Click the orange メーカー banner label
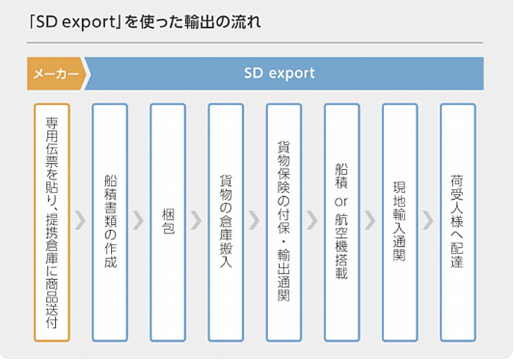[56, 73]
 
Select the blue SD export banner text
[279, 73]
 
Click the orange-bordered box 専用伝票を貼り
[52, 223]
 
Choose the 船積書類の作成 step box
[110, 223]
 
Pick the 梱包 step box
[168, 223]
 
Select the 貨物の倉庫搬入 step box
[226, 223]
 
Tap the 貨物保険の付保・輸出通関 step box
[284, 223]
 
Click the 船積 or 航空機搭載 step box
[342, 223]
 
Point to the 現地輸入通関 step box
[400, 223]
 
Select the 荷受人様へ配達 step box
[458, 223]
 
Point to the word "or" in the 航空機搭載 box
[341, 201]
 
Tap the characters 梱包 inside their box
[168, 222]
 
